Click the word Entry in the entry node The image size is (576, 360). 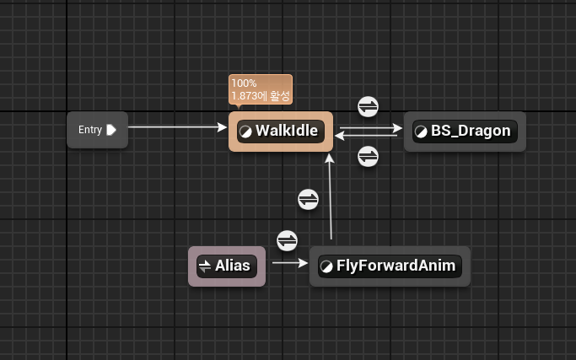[x=90, y=130]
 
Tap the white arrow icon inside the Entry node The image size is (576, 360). [x=111, y=130]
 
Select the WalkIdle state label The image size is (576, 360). [x=286, y=131]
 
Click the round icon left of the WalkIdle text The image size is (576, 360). [x=246, y=132]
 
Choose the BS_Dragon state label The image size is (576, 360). [x=471, y=131]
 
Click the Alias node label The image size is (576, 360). [x=233, y=266]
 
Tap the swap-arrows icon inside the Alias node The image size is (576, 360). [x=204, y=266]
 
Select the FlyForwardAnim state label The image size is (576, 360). [x=396, y=266]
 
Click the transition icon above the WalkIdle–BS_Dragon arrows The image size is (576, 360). [x=369, y=107]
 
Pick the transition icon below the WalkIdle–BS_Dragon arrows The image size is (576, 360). [x=369, y=157]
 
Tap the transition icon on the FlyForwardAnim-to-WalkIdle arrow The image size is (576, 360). [x=309, y=199]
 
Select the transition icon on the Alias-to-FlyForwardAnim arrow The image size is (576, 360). [x=288, y=240]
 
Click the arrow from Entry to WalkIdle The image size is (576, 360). [x=177, y=127]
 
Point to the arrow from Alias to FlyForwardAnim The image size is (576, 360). [x=290, y=262]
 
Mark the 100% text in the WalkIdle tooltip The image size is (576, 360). [x=244, y=83]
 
